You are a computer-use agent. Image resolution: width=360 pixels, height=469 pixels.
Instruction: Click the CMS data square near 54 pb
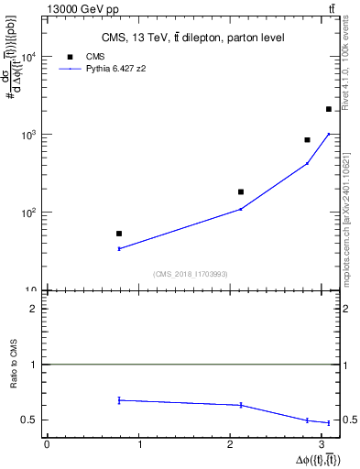[x=119, y=234]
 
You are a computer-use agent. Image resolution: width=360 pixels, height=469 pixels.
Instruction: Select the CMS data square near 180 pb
[x=241, y=192]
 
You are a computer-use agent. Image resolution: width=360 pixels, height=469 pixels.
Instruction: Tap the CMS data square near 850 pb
[x=308, y=140]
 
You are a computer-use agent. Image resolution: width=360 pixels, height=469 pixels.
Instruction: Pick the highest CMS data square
[x=329, y=109]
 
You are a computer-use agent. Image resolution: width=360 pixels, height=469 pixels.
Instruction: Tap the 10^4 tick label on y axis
[x=27, y=57]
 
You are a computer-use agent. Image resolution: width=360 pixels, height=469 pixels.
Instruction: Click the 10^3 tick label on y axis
[x=27, y=135]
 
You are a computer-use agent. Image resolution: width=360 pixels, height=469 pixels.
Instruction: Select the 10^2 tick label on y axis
[x=27, y=213]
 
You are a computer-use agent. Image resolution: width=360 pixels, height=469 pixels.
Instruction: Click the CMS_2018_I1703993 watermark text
[x=191, y=274]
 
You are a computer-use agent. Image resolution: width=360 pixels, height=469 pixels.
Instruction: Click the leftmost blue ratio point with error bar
[x=119, y=400]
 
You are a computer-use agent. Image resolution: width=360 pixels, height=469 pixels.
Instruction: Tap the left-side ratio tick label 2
[x=34, y=309]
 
